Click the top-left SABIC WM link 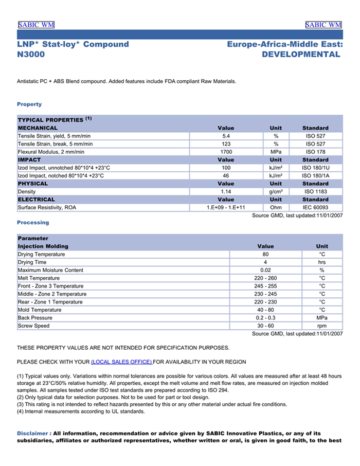(36, 25)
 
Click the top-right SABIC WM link (323, 25)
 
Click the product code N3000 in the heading (31, 55)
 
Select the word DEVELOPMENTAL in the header (301, 55)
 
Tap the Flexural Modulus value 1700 (226, 152)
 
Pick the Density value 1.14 (226, 191)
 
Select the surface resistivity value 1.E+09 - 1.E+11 (226, 207)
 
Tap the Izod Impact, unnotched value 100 (226, 168)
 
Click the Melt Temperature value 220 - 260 (265, 278)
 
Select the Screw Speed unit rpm (322, 326)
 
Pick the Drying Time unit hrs (322, 262)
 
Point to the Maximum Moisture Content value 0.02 (265, 270)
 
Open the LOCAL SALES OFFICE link (121, 362)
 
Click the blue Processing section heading (33, 223)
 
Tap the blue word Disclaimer (33, 433)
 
